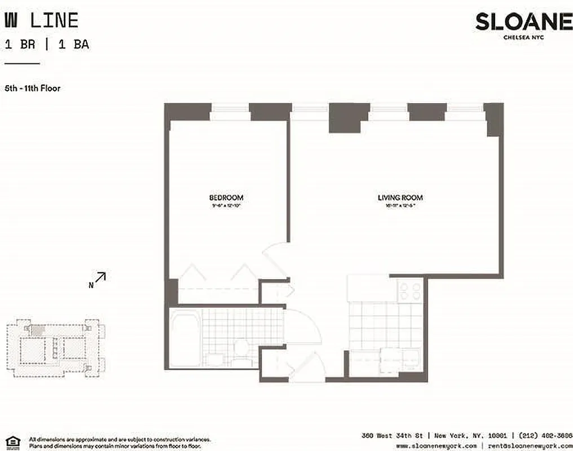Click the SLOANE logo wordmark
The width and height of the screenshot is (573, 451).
pos(523,22)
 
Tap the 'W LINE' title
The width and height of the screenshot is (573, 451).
pos(41,21)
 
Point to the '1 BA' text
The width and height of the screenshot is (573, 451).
pos(73,45)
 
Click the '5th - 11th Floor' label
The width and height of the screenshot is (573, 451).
pos(33,88)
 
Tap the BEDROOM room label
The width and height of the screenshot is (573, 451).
pos(226,197)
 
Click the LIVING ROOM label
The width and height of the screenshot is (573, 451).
pos(400,197)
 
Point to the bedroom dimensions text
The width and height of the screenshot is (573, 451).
pos(226,206)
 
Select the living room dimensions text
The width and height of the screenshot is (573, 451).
pos(400,206)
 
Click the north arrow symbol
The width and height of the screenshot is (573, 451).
pos(100,277)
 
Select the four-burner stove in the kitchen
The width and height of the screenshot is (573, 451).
pos(409,291)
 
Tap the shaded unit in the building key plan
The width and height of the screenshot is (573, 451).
pos(37,330)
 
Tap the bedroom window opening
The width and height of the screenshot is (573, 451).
pos(230,111)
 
